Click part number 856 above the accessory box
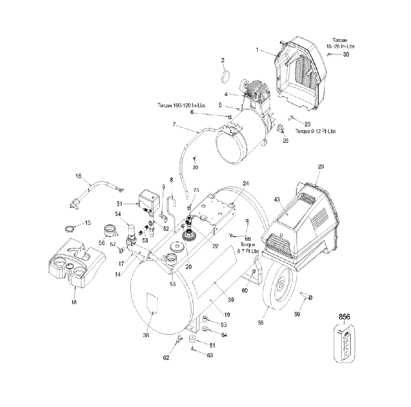pyautogui.click(x=344, y=317)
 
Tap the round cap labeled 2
pyautogui.click(x=225, y=77)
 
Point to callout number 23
pyautogui.click(x=321, y=167)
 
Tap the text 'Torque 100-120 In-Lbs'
pyautogui.click(x=181, y=105)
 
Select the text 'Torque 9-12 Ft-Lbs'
pyautogui.click(x=316, y=131)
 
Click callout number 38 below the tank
pyautogui.click(x=146, y=335)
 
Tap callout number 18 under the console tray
pyautogui.click(x=74, y=302)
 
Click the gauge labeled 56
pyautogui.click(x=110, y=230)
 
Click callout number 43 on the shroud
pyautogui.click(x=277, y=200)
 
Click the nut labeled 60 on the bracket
pyautogui.click(x=254, y=271)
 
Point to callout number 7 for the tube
pyautogui.click(x=174, y=124)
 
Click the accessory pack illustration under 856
pyautogui.click(x=344, y=344)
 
